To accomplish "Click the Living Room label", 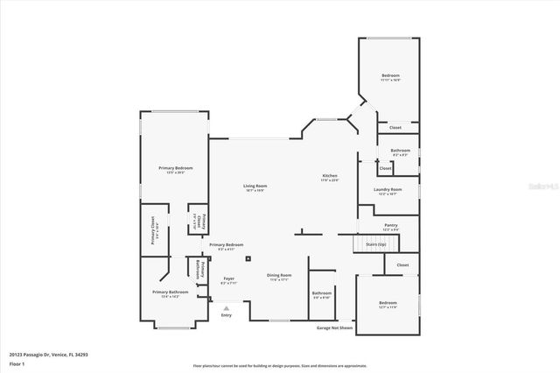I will (x=255, y=186).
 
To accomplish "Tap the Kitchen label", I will (x=329, y=176).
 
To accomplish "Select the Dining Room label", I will (x=279, y=276).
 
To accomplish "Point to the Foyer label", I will (x=228, y=279).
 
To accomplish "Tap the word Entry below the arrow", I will (x=227, y=315).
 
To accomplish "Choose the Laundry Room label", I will (x=389, y=189).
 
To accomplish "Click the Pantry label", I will (x=390, y=225).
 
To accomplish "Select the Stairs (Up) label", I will (x=376, y=244).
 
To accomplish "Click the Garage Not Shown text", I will (x=333, y=328).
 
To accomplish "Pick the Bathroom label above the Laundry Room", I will (x=401, y=151).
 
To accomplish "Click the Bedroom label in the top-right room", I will (x=390, y=76).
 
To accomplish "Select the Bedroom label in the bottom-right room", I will (x=388, y=303).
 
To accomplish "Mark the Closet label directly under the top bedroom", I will (x=395, y=128).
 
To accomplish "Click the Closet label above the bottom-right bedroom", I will (x=402, y=264).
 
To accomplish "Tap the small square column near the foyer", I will (x=248, y=258).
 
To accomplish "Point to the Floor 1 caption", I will (x=17, y=362).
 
